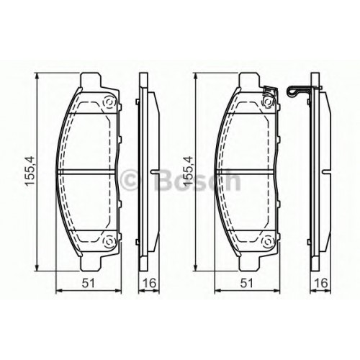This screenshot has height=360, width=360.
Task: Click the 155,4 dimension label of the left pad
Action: tap(30, 171)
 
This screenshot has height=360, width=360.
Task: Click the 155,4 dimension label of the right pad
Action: tap(188, 171)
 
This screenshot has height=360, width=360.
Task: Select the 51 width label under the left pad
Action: tap(88, 284)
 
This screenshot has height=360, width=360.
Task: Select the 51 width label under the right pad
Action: tap(247, 284)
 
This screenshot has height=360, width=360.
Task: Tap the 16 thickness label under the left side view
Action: tap(149, 284)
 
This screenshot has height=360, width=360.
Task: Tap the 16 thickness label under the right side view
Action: tap(321, 284)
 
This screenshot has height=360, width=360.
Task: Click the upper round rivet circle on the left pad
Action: tap(109, 103)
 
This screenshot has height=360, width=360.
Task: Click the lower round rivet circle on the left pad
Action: tap(109, 240)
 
